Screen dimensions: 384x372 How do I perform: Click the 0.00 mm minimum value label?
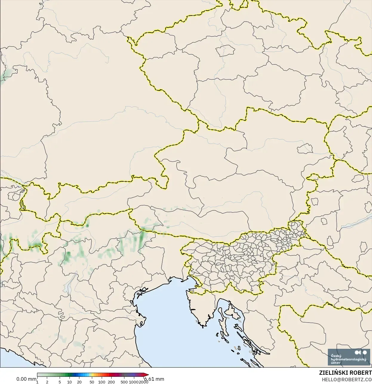point(26,379)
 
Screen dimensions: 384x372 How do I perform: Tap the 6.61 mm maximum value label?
point(154,379)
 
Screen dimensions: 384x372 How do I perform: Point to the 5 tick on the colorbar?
point(60,382)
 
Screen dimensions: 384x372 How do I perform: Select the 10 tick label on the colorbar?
point(69,382)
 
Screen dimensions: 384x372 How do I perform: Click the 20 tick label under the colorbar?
point(79,382)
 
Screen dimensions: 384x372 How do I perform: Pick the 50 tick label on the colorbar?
point(92,382)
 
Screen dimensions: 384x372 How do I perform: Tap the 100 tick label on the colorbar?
point(102,382)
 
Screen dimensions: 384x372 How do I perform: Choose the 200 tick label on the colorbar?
point(111,382)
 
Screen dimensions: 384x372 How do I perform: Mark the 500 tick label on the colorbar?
point(124,382)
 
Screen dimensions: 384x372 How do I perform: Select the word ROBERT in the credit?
point(361,373)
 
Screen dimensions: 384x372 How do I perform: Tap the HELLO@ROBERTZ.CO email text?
point(347,380)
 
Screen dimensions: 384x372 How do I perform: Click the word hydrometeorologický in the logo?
point(348,359)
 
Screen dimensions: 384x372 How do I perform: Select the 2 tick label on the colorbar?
point(47,382)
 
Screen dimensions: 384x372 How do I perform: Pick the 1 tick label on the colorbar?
point(37,382)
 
